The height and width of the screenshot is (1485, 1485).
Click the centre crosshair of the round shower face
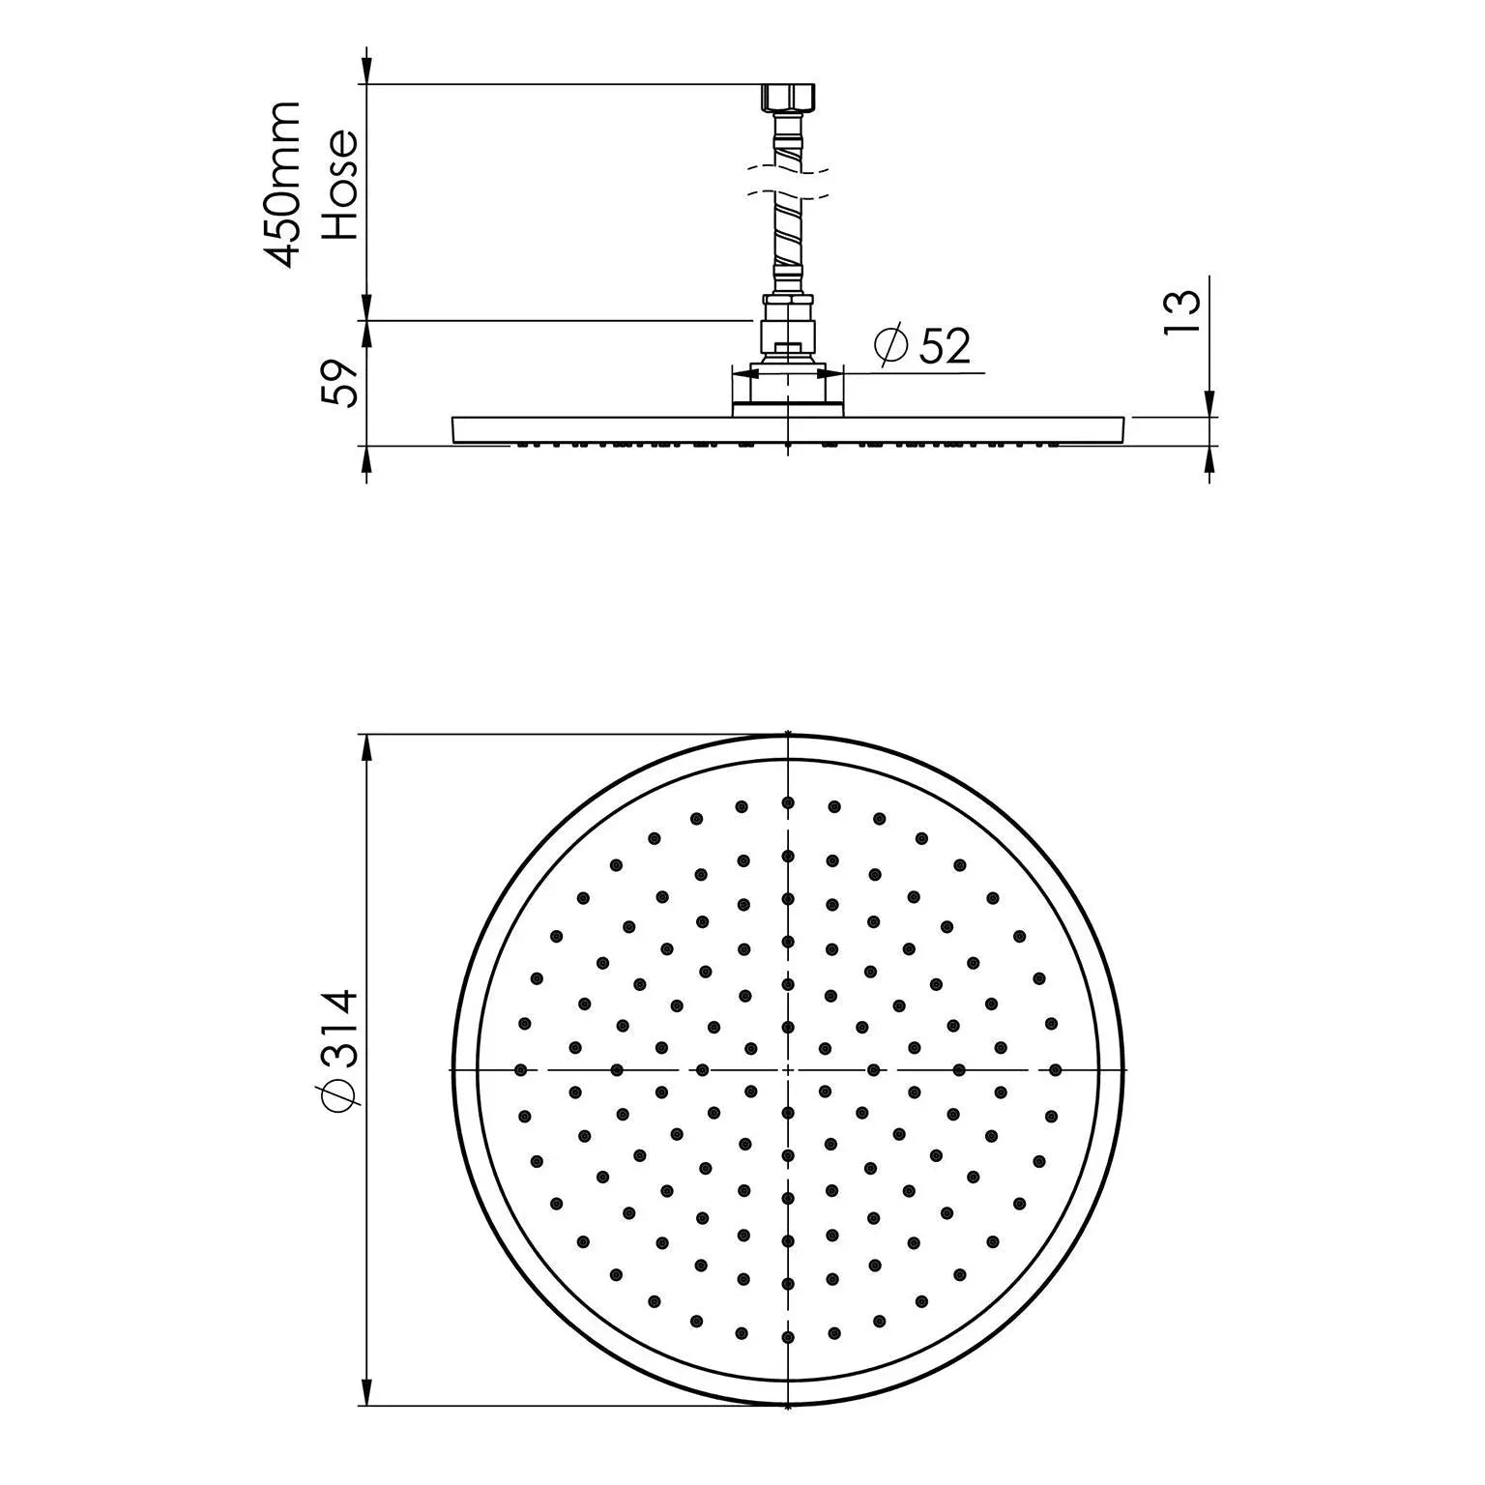(789, 1069)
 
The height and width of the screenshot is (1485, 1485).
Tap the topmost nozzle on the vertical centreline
(788, 802)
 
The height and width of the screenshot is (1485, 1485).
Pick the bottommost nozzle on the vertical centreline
(788, 1337)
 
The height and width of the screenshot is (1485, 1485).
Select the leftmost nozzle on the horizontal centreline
(522, 1069)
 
